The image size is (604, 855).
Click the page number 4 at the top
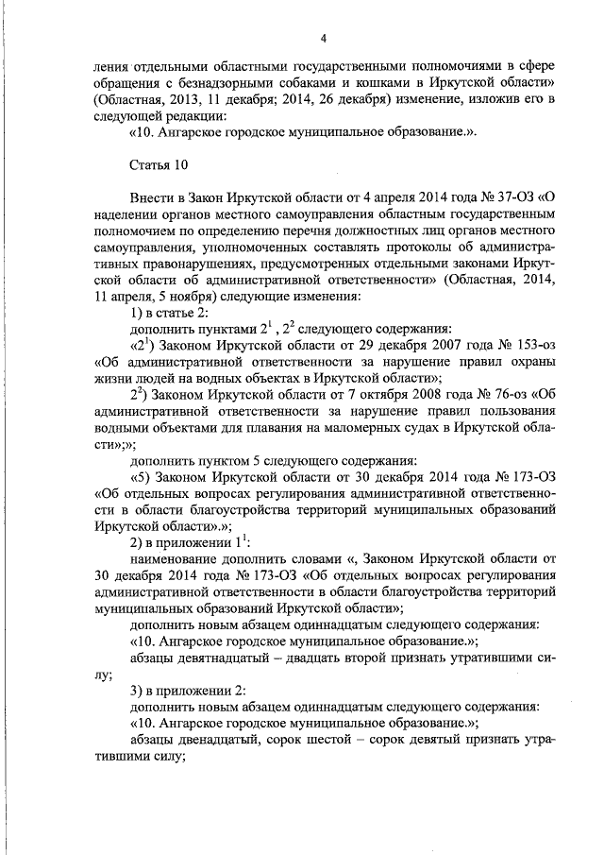[323, 38]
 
